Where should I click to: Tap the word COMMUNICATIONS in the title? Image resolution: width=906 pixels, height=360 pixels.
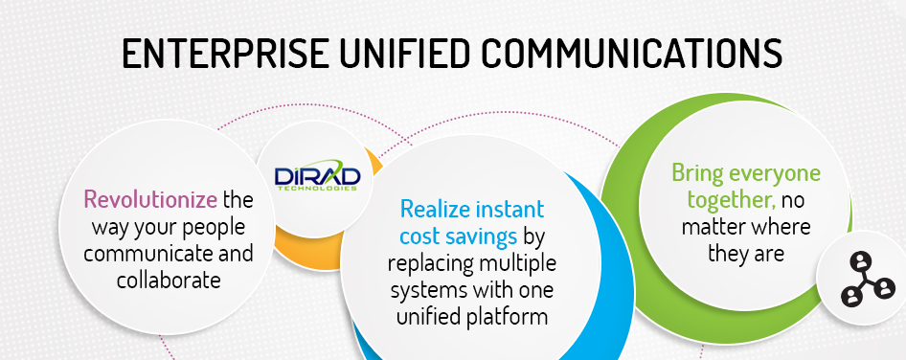tap(631, 54)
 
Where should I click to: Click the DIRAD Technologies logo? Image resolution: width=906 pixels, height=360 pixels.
tap(317, 177)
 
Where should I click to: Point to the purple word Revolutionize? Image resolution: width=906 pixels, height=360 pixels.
tap(150, 199)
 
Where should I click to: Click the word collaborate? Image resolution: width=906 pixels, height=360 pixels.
tap(169, 281)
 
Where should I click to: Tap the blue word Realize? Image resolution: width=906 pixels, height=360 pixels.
tap(433, 209)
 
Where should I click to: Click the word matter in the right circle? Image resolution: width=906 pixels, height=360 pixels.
tap(710, 227)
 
